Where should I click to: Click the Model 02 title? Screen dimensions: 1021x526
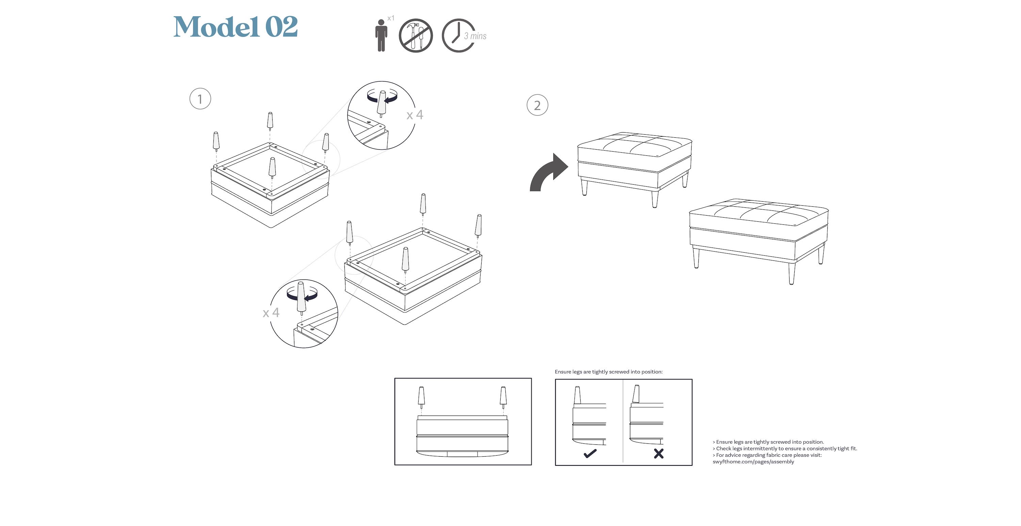click(x=236, y=27)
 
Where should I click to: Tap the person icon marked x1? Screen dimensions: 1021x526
click(x=381, y=36)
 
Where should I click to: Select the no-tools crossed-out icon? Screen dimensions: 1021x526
click(x=415, y=36)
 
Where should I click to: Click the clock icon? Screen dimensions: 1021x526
click(x=458, y=35)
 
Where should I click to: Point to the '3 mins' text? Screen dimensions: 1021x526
click(x=475, y=36)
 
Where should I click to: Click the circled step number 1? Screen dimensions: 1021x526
click(x=200, y=99)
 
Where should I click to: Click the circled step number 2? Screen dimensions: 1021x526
click(x=537, y=105)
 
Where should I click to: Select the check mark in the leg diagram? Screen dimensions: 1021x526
click(x=590, y=454)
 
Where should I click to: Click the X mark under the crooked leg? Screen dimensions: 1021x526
click(x=659, y=454)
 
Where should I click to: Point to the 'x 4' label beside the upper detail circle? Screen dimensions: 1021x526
click(x=415, y=115)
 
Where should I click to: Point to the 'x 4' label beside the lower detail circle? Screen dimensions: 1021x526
click(x=271, y=313)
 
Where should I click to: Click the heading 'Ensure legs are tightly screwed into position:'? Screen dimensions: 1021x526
click(x=609, y=372)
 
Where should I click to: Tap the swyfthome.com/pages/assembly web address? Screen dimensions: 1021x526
click(x=753, y=462)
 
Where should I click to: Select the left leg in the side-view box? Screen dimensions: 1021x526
click(x=421, y=397)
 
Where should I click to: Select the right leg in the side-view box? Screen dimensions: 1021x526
click(x=503, y=397)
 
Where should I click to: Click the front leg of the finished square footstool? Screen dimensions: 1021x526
click(x=655, y=198)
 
